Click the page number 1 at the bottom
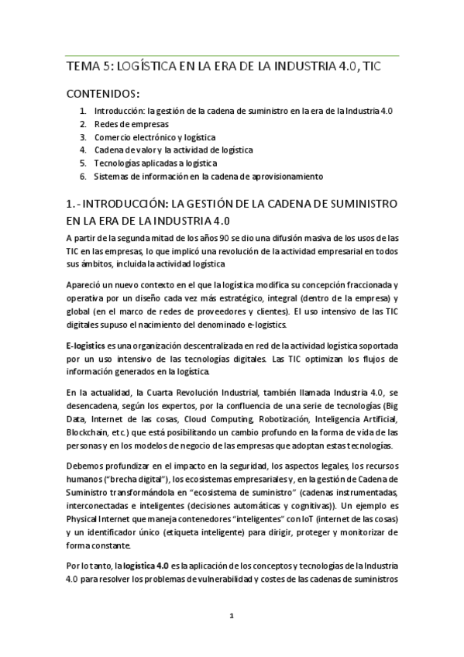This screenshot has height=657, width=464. (232, 616)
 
